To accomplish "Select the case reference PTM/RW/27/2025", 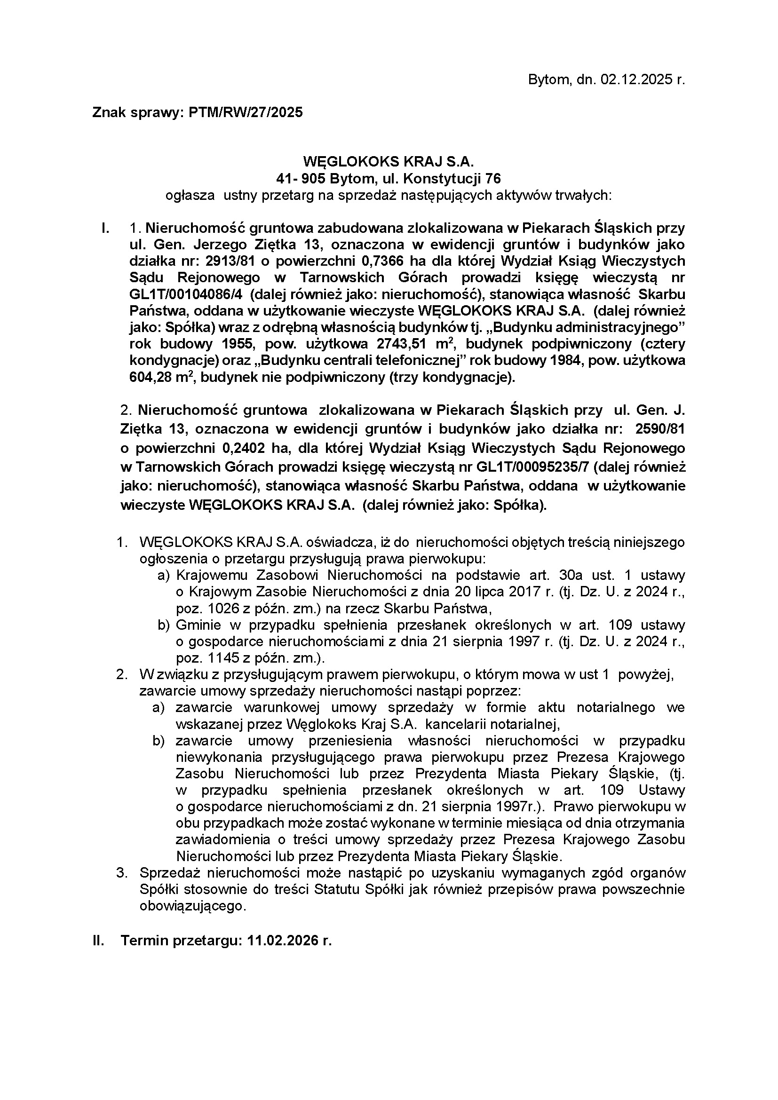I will coord(246,112).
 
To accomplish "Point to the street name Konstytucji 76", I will coord(452,179).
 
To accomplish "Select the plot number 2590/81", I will coord(659,429).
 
